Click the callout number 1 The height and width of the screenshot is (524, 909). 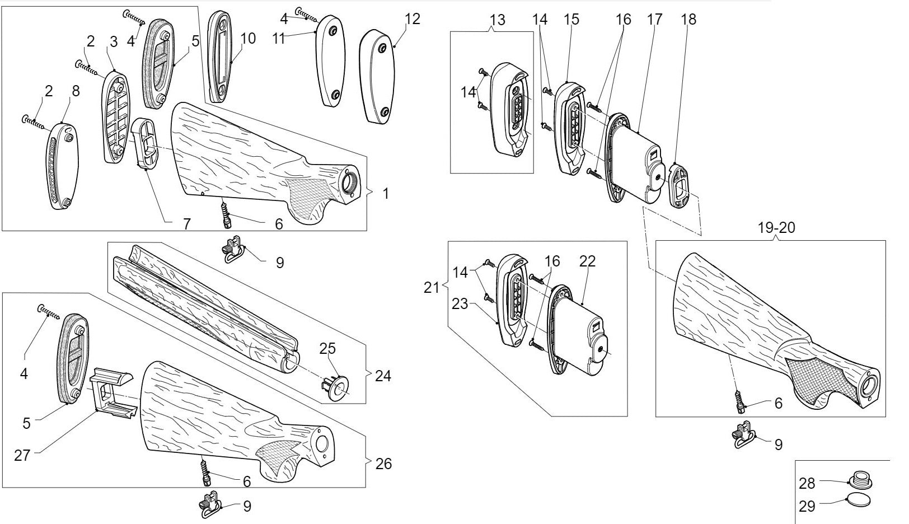point(386,194)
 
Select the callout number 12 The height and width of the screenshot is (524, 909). point(412,19)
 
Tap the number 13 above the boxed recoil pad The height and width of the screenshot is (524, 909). point(497,20)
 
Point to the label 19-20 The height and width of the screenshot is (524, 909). point(776,228)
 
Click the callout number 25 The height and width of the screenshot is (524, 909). point(327,349)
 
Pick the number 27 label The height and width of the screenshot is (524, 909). point(22,455)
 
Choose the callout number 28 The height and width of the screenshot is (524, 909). point(807,483)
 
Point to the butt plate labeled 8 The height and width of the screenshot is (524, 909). point(62,167)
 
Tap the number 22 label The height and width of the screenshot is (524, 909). point(588,261)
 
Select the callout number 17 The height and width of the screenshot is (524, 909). point(654,19)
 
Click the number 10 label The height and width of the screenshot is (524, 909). point(248,38)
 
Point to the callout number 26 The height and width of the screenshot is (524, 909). point(384,464)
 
